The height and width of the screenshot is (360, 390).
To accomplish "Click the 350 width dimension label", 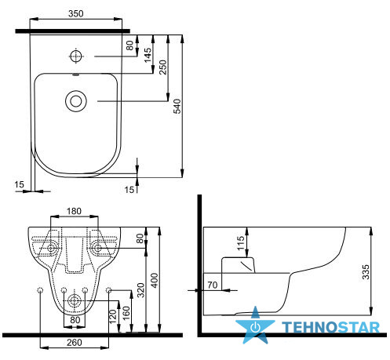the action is pyautogui.click(x=76, y=13).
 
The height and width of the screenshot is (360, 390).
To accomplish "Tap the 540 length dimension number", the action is pyautogui.click(x=177, y=106).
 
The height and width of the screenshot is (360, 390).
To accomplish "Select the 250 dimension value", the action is pyautogui.click(x=162, y=67).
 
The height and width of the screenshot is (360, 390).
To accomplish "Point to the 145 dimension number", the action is pyautogui.click(x=148, y=55).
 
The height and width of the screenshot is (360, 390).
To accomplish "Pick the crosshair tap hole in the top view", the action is pyautogui.click(x=76, y=56).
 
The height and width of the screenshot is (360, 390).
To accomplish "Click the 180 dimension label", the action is pyautogui.click(x=74, y=211).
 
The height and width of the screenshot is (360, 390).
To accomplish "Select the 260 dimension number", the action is pyautogui.click(x=75, y=342).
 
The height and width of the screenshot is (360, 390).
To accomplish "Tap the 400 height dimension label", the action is pyautogui.click(x=155, y=281).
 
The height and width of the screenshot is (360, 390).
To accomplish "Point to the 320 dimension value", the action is pyautogui.click(x=140, y=290).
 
